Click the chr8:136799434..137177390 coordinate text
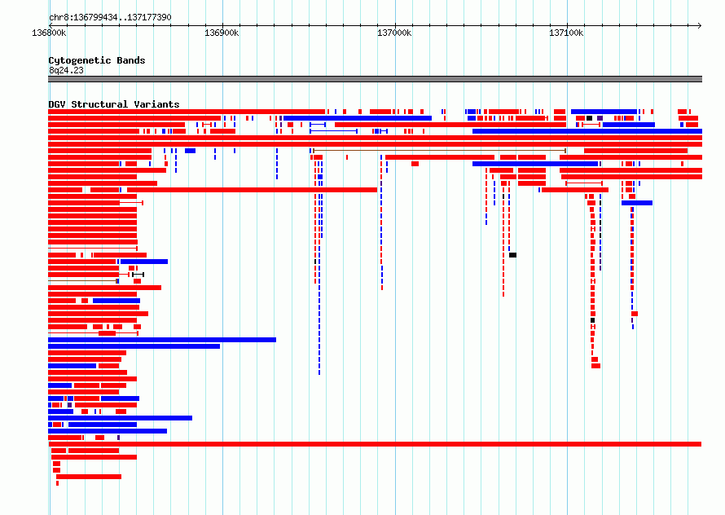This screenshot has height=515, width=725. pyautogui.click(x=110, y=18)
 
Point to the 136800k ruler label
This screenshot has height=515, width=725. pyautogui.click(x=49, y=33)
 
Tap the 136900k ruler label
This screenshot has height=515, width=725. pyautogui.click(x=222, y=33)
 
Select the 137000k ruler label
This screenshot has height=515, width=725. pyautogui.click(x=394, y=33)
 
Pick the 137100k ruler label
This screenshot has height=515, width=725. pyautogui.click(x=566, y=33)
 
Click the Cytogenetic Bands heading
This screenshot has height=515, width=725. pyautogui.click(x=97, y=60)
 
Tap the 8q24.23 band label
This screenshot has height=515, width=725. pyautogui.click(x=66, y=70)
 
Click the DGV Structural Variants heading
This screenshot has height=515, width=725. pyautogui.click(x=114, y=104)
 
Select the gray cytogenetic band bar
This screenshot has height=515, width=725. pyautogui.click(x=375, y=79)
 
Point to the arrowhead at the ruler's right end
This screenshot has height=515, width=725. pyautogui.click(x=700, y=25)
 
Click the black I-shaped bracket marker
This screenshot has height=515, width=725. pyautogui.click(x=138, y=275)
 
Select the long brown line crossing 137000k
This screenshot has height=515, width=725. pyautogui.click(x=440, y=151)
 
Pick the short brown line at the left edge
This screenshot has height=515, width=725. pyautogui.click(x=83, y=281)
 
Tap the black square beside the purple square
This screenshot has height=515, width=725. pyautogui.click(x=589, y=118)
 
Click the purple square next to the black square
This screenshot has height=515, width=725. pyautogui.click(x=600, y=118)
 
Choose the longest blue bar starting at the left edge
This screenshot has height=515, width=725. pyautogui.click(x=162, y=340)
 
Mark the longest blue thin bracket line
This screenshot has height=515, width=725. pyautogui.click(x=333, y=131)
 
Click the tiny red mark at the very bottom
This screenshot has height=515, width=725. pyautogui.click(x=57, y=483)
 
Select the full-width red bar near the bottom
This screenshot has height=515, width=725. pyautogui.click(x=375, y=444)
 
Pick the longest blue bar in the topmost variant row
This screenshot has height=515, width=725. pyautogui.click(x=604, y=112)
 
